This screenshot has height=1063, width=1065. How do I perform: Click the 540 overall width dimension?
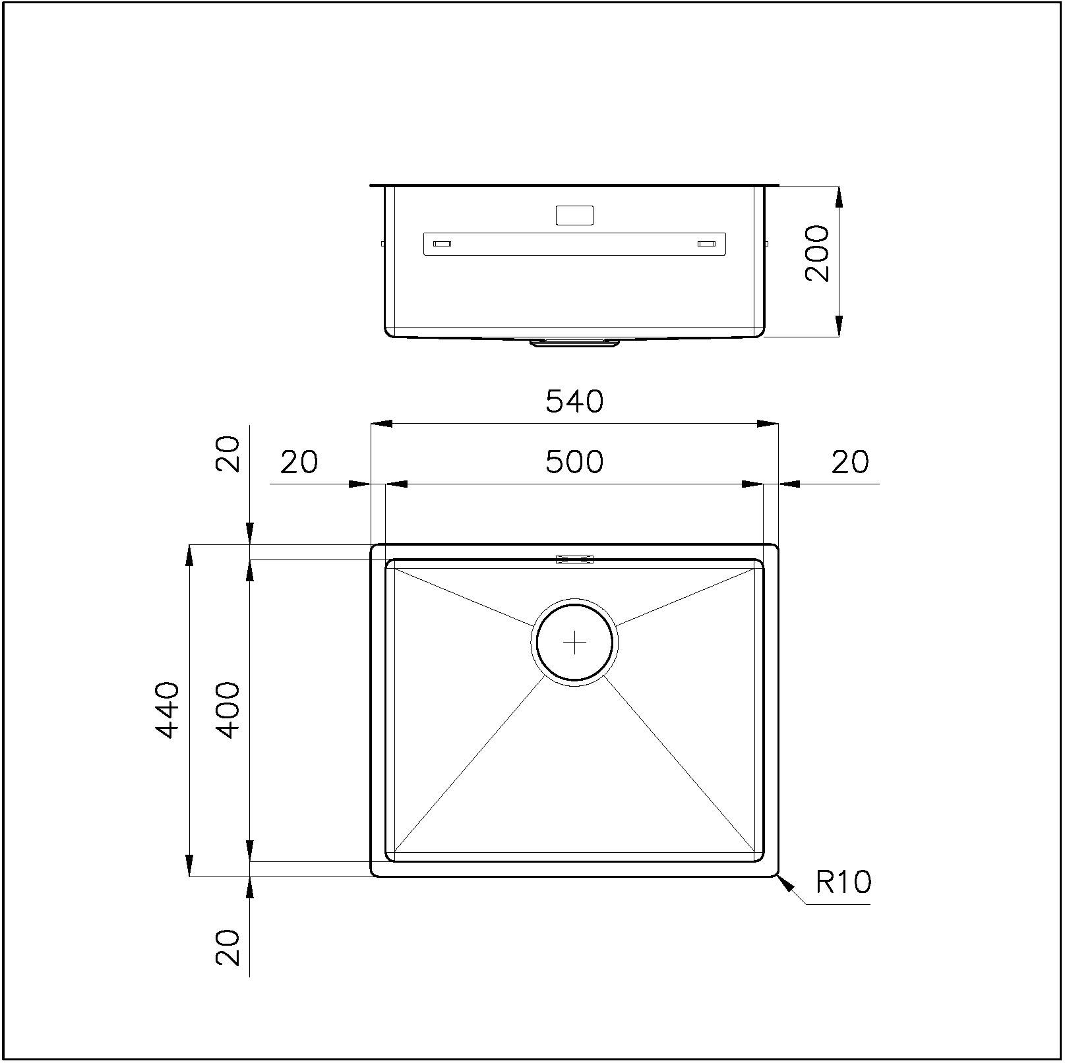tap(574, 401)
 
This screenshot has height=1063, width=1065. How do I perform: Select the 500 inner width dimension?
tap(574, 462)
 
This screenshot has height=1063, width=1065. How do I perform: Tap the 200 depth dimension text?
tap(818, 253)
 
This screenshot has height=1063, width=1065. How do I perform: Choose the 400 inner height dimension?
tap(228, 710)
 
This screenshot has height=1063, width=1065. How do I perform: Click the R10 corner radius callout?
tap(844, 882)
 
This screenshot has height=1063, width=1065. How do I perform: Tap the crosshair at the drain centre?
tap(575, 642)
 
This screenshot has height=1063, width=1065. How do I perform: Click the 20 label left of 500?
tap(299, 462)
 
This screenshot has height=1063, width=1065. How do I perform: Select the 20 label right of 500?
tap(850, 462)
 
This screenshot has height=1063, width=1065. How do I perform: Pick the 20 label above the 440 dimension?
tap(228, 453)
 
